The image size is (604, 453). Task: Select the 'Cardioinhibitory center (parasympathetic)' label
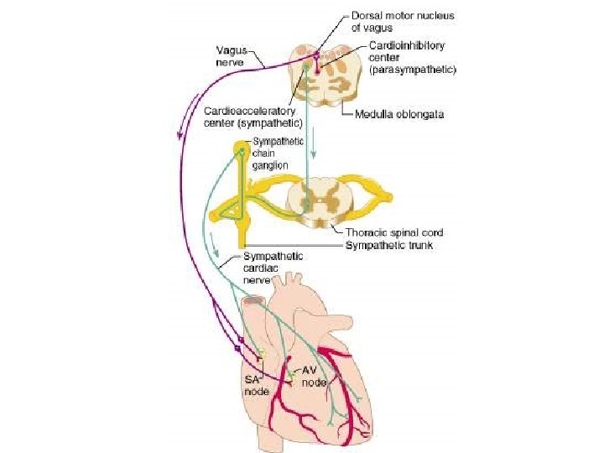pos(411,58)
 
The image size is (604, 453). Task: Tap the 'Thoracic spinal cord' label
pos(393,232)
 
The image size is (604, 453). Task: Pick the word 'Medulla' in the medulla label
pos(371,115)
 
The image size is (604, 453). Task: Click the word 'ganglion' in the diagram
pos(272,165)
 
